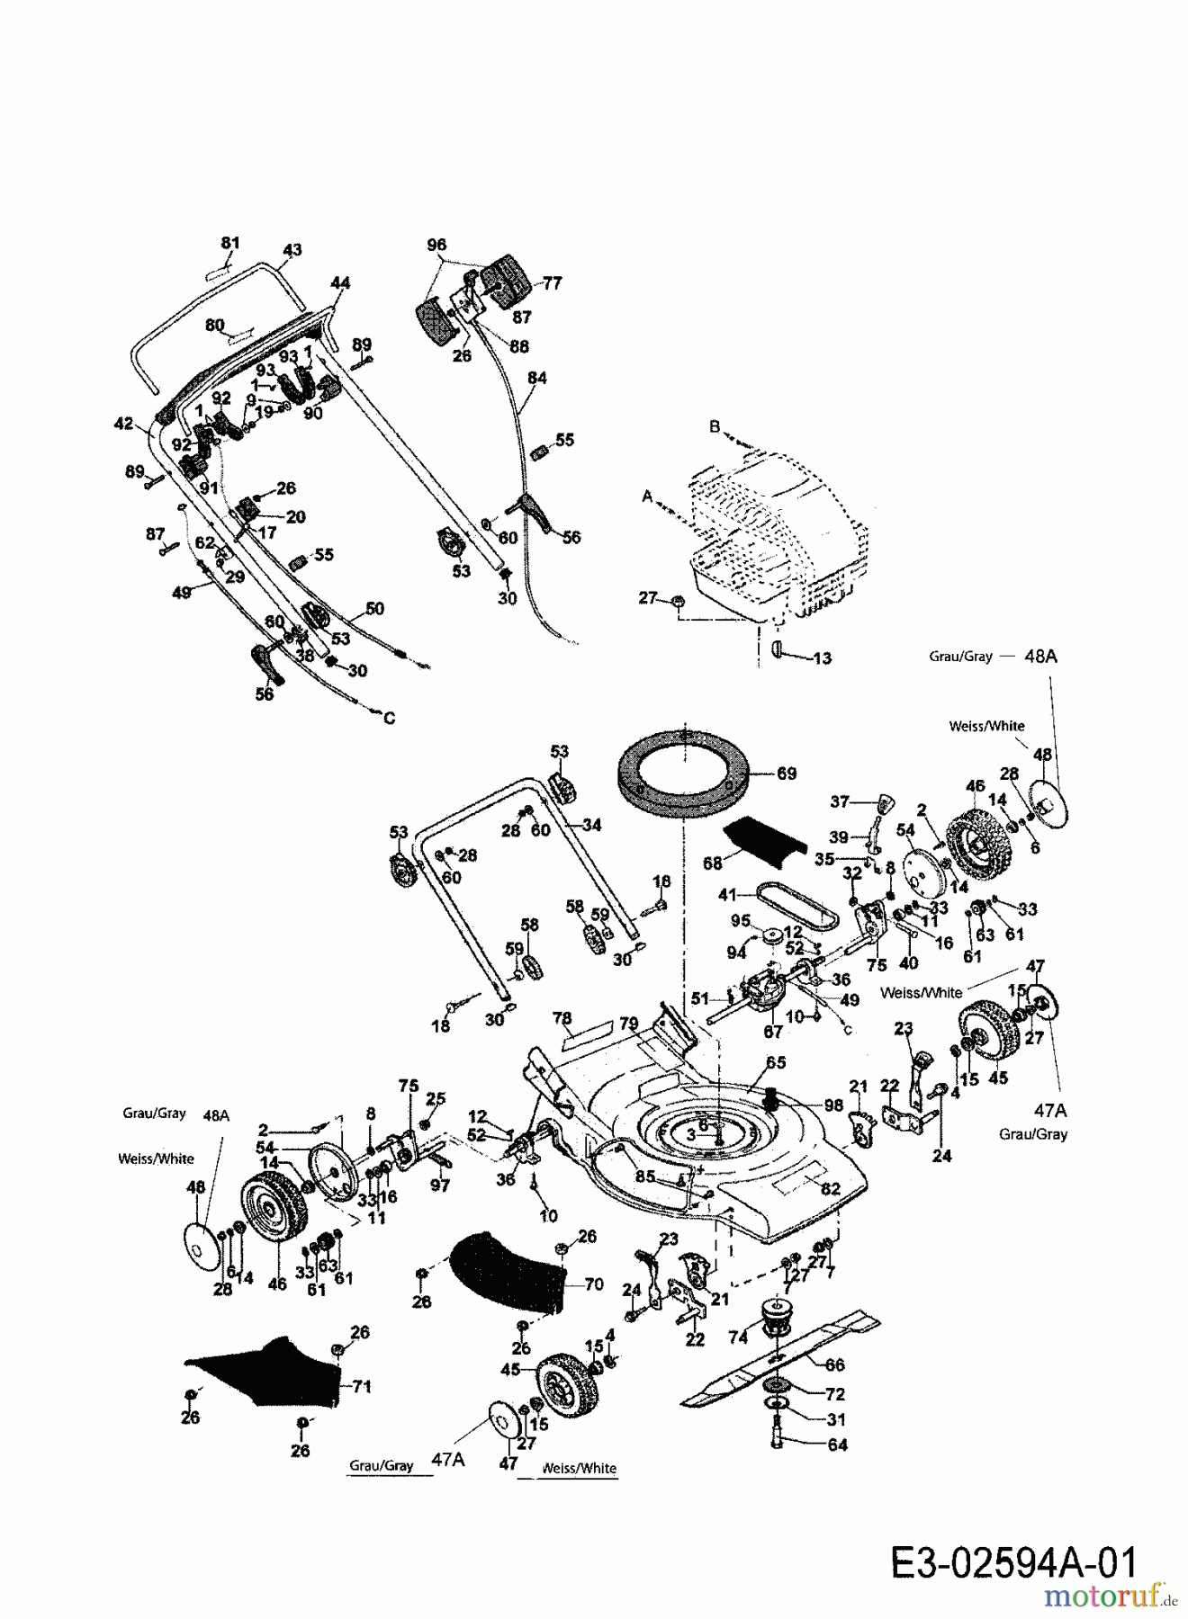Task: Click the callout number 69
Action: tap(786, 774)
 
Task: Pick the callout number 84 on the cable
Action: tap(536, 379)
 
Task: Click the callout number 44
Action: tap(339, 283)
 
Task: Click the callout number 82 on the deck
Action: tap(830, 1189)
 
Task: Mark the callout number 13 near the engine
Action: tap(821, 658)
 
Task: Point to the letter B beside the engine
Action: tap(715, 426)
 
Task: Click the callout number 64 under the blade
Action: tap(837, 1445)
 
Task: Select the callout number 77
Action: tap(552, 283)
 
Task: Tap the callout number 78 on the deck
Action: tap(562, 1019)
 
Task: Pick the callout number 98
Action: tap(832, 1105)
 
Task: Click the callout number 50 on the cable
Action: tap(374, 609)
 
